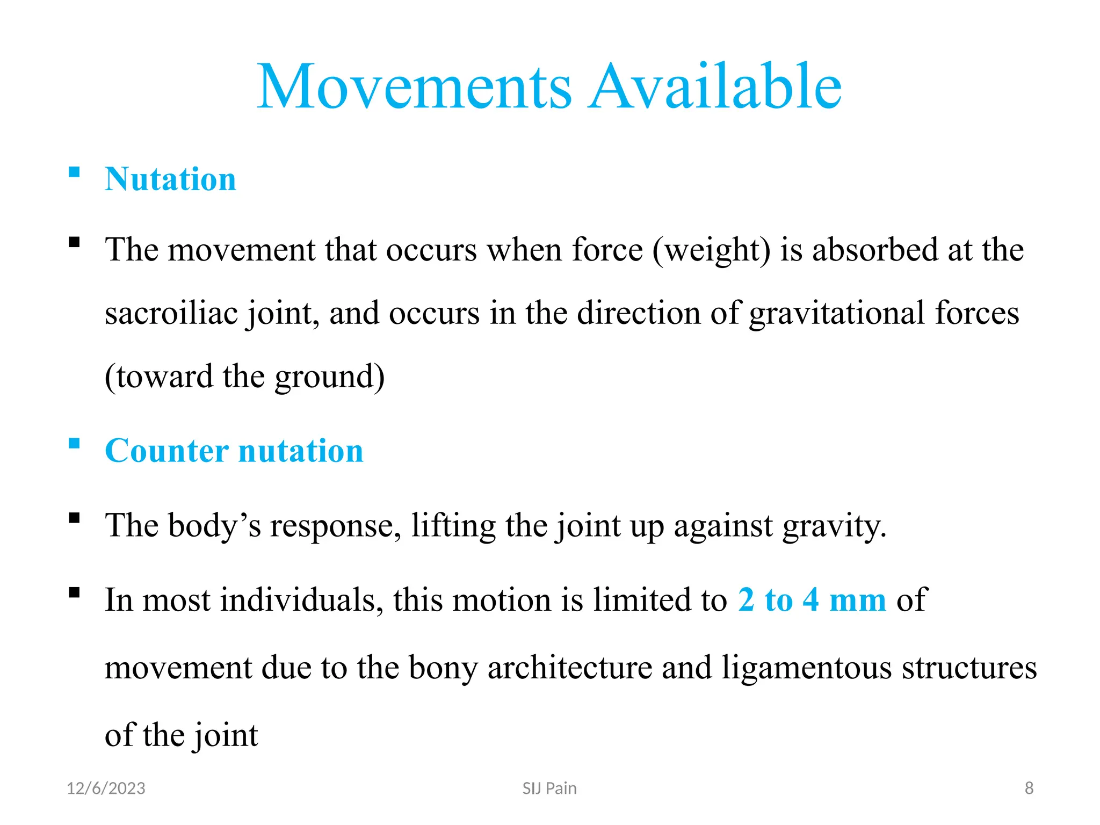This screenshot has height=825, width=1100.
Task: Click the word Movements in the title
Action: click(415, 87)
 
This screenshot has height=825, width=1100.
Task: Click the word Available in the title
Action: click(715, 87)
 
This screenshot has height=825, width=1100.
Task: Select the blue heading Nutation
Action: click(170, 179)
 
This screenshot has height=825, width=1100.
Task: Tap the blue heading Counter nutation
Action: click(234, 451)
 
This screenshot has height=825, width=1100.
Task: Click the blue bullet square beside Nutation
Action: click(75, 172)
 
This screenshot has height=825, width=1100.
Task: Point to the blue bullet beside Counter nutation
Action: click(75, 444)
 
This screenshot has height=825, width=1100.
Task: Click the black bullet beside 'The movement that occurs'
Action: click(75, 242)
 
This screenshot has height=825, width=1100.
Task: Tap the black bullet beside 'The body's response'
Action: click(75, 518)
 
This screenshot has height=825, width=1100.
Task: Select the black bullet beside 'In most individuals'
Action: click(75, 593)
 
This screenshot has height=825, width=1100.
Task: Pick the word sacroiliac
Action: click(171, 314)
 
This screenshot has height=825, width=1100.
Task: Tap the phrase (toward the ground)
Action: click(244, 377)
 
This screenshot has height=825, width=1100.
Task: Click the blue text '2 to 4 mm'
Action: click(812, 600)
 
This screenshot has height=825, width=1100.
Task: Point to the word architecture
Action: click(569, 668)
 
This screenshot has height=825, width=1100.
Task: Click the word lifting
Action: click(453, 526)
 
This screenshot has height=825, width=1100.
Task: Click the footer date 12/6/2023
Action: click(106, 788)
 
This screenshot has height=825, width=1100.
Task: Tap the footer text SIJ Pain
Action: click(549, 788)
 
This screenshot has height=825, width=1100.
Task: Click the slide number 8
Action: click(1029, 788)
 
